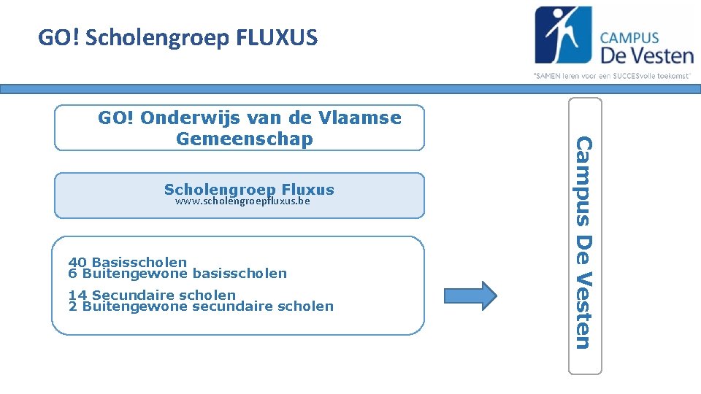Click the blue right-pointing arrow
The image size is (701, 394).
coord(470,295)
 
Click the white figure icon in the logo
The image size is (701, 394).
coord(563,34)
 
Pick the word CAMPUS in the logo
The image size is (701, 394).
coord(629,38)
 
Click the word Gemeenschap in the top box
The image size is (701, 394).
coord(244,139)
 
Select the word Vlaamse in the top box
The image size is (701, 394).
coord(364,118)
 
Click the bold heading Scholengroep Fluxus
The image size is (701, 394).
coord(249,190)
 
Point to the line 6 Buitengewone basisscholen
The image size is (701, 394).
coord(177,274)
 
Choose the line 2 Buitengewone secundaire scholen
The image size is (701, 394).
coord(201,306)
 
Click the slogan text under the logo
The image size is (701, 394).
coord(612,75)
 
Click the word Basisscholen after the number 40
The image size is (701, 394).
coord(139,262)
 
